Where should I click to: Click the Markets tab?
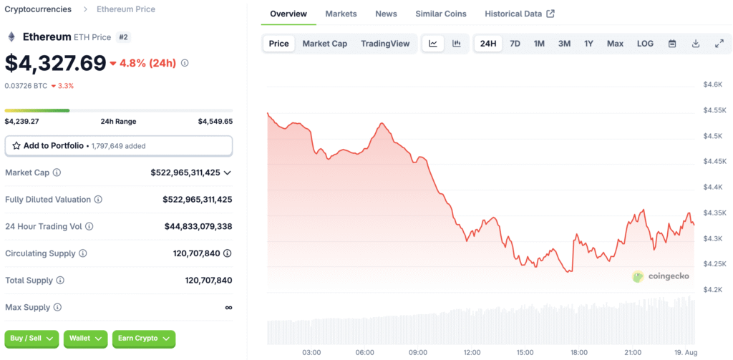coord(341,14)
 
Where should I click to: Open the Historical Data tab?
coord(519,14)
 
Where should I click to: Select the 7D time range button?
coord(515,44)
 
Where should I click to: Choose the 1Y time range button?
coord(588,44)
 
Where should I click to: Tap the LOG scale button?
coord(645,44)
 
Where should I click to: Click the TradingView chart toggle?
coord(385,44)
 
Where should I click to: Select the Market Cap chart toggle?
coord(324,44)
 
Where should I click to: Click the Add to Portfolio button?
coord(119,145)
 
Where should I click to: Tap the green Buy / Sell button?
coord(31,338)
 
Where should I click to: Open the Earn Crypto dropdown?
coord(143,338)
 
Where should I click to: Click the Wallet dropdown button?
coord(85,338)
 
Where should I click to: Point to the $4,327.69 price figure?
coord(56,63)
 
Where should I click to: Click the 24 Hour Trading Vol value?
coord(198,226)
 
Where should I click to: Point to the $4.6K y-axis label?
coord(713,84)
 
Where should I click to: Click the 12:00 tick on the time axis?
coord(472,353)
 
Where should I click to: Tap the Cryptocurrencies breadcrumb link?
coord(38,9)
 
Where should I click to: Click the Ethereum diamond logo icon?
coord(11,37)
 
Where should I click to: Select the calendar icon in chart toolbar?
coord(672,44)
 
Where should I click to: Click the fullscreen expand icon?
coord(719,44)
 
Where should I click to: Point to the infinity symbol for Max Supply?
coord(228,307)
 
